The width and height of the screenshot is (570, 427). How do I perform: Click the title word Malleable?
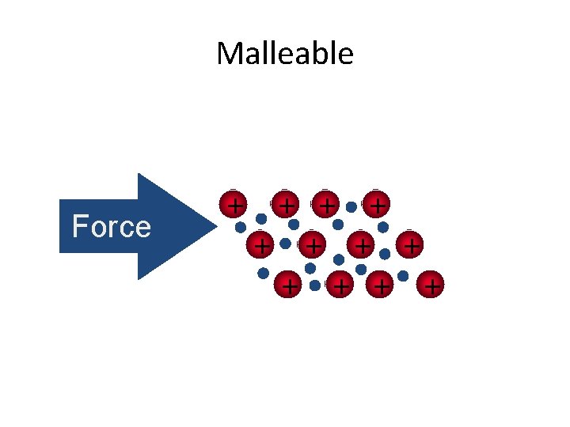coord(284,54)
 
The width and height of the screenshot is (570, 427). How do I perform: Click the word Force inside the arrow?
coord(111,227)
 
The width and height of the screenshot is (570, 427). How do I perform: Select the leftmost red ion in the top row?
coord(234,204)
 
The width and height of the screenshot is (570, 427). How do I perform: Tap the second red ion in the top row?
coord(287,205)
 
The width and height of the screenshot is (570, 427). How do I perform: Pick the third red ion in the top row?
coord(325,205)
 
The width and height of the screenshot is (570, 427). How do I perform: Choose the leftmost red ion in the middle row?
coord(260,245)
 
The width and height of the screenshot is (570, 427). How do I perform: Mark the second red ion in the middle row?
coord(314,246)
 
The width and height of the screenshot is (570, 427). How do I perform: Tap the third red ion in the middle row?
coord(361,246)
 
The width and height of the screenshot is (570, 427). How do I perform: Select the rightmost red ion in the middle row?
coord(410,246)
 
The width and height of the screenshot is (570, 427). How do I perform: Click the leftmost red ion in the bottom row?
coord(289,285)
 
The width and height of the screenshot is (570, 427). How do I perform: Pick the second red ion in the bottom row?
coord(340,285)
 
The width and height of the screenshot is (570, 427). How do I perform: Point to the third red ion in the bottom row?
coord(382,285)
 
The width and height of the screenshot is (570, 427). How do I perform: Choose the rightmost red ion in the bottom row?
coord(431,285)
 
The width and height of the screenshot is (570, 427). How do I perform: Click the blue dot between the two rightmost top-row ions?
coord(351,206)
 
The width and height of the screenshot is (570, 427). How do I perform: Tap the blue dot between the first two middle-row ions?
coord(286,244)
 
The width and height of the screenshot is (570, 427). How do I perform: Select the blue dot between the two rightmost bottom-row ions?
coord(403,276)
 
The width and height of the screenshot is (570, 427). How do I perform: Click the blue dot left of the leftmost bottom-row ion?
coord(263,274)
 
